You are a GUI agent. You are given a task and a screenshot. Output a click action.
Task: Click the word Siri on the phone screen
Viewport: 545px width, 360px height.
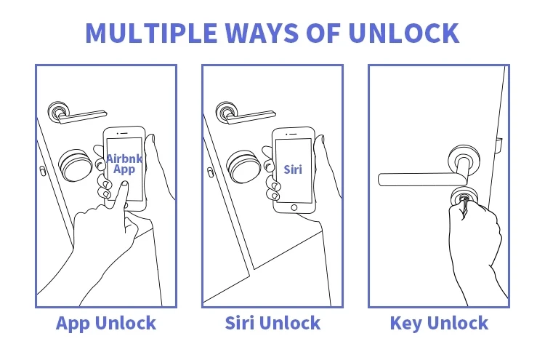click(292, 169)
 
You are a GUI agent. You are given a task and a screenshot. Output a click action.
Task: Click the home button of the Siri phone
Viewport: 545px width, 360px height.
click(294, 207)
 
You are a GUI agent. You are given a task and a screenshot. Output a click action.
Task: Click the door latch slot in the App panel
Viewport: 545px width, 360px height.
click(42, 172)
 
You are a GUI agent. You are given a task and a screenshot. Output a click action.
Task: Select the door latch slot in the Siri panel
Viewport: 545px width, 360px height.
click(209, 172)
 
